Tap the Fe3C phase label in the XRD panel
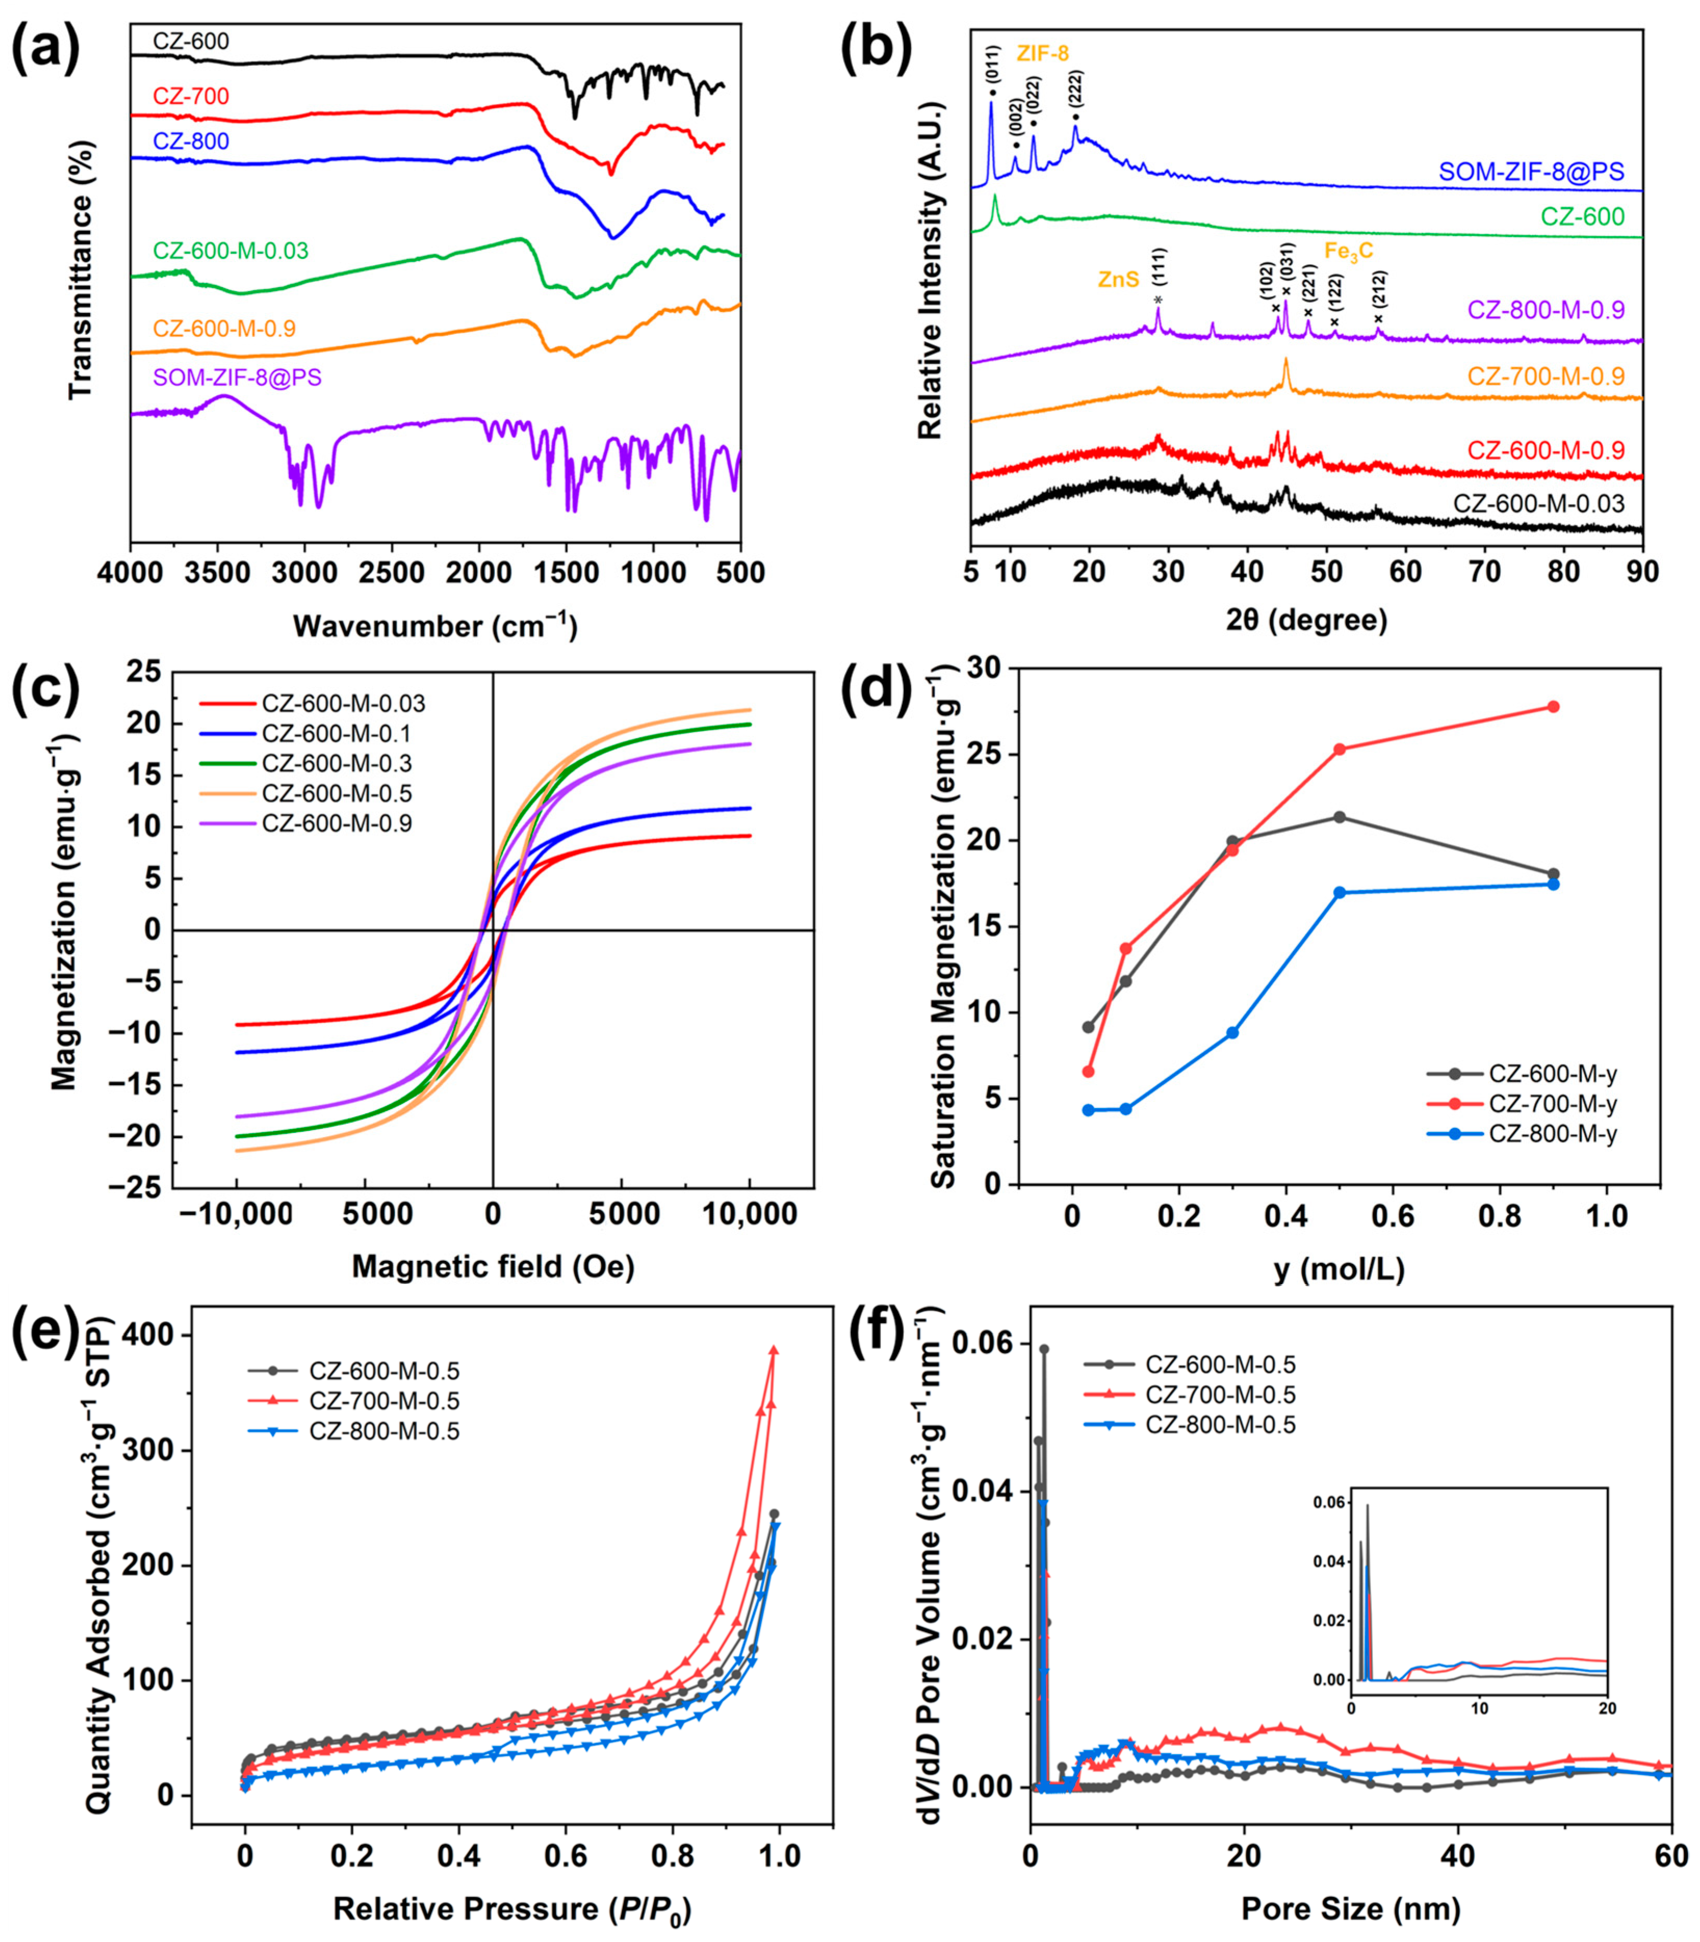[1348, 250]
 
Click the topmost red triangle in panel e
[773, 1348]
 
